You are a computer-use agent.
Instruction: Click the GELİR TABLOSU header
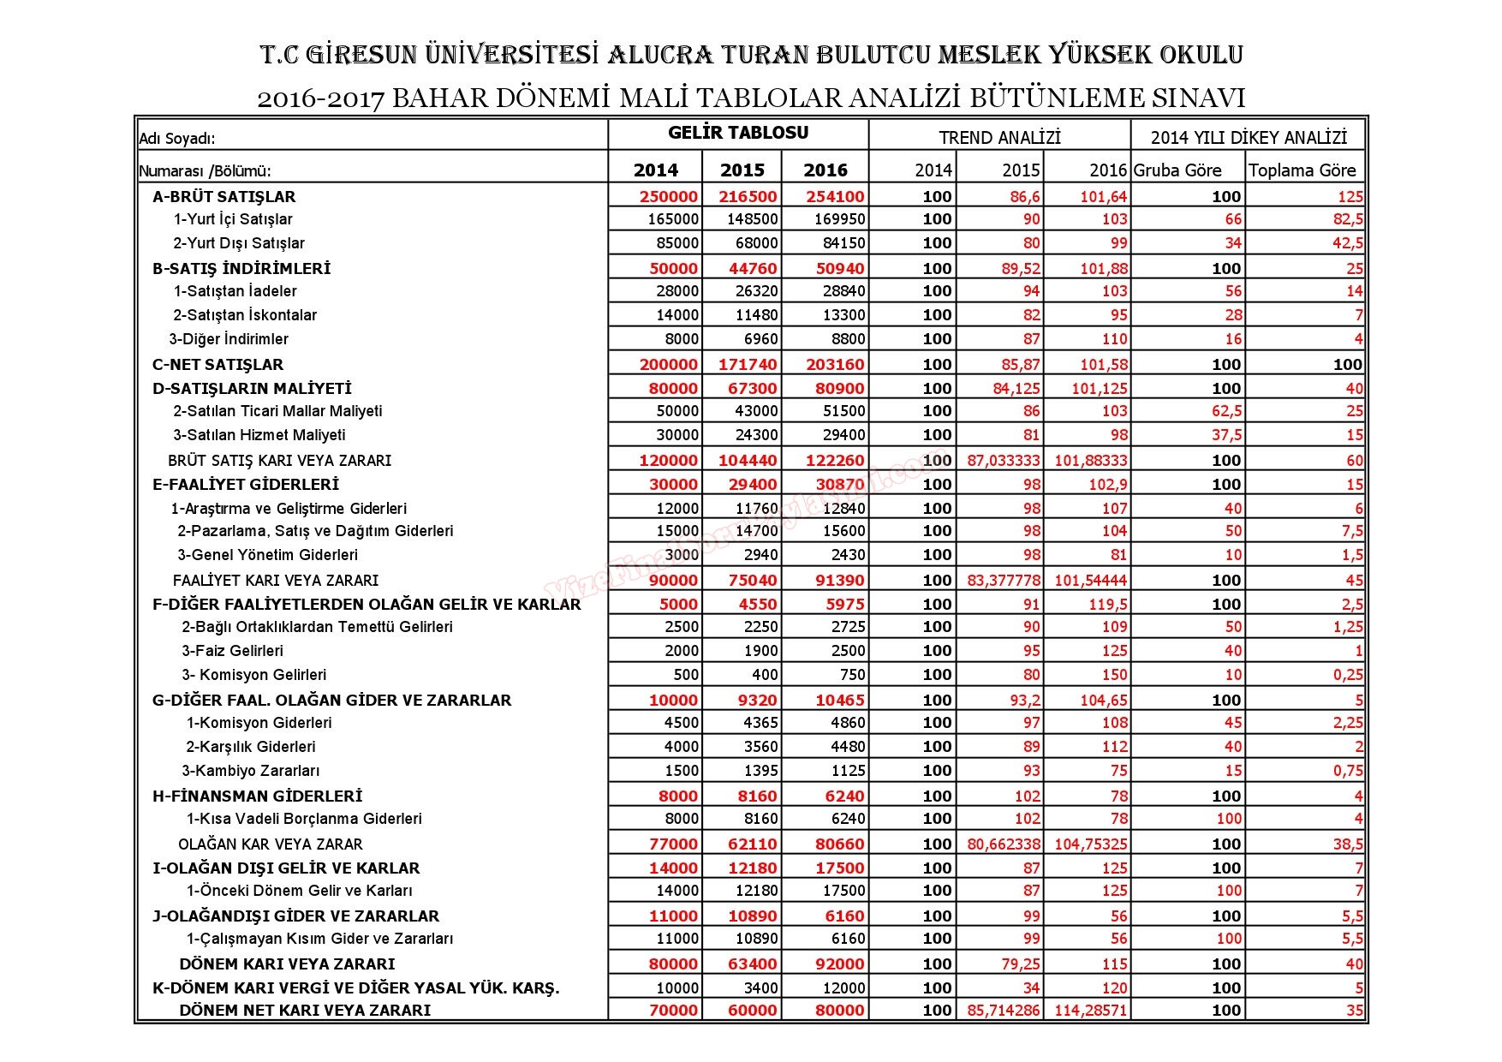tap(738, 133)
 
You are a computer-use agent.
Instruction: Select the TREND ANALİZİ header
tap(999, 137)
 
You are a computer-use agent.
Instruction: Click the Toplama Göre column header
tap(1302, 170)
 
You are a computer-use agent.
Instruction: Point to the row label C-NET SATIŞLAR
tap(218, 364)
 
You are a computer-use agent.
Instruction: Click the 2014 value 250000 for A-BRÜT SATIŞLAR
tap(668, 196)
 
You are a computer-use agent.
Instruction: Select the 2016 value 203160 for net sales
tap(835, 364)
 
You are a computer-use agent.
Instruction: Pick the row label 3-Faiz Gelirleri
tap(232, 651)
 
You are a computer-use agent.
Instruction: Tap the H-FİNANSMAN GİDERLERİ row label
tap(257, 796)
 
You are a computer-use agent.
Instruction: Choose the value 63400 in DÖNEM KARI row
tap(752, 964)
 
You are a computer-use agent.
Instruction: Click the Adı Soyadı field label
tap(177, 139)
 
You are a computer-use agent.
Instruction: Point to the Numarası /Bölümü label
tap(211, 171)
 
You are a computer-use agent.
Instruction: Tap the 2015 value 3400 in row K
tap(760, 987)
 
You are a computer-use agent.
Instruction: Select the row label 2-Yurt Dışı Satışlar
tap(239, 243)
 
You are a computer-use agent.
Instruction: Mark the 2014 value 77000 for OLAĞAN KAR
tap(673, 844)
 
